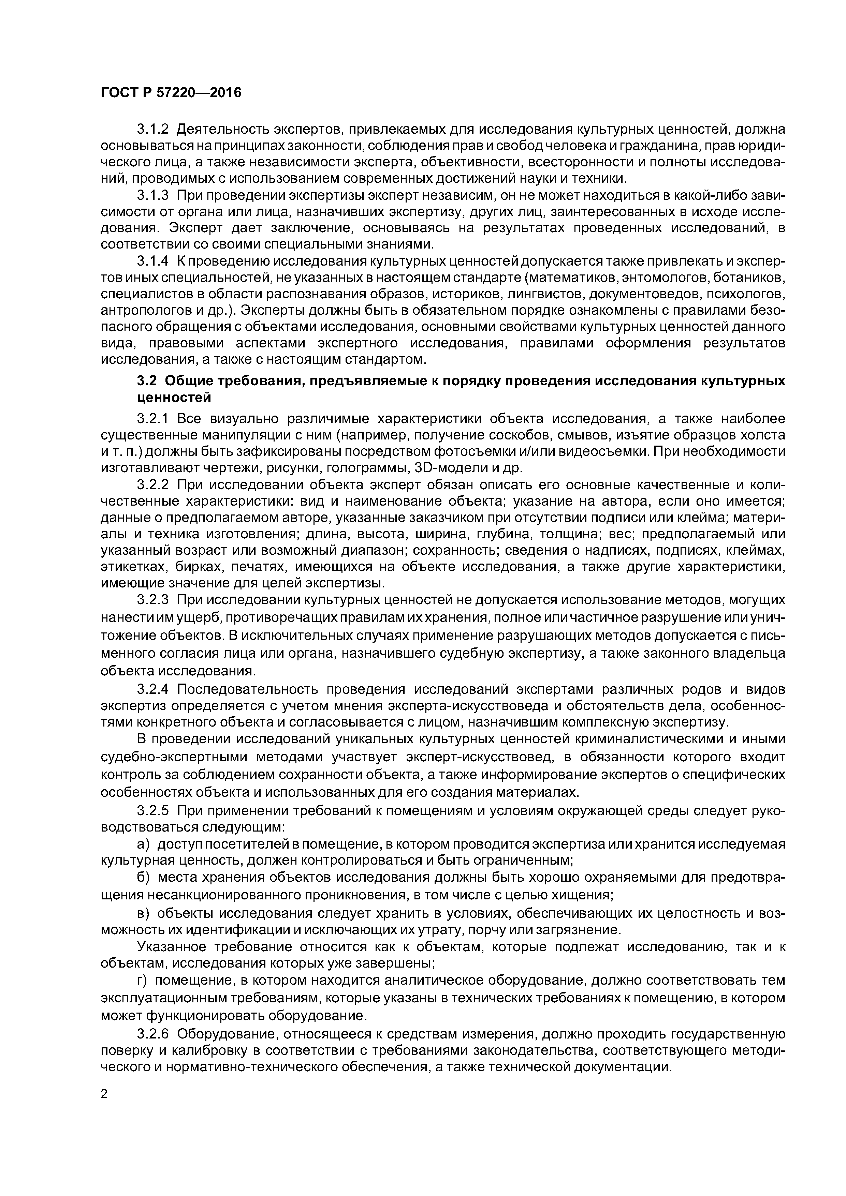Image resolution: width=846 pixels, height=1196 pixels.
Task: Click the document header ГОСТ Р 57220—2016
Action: pos(171,93)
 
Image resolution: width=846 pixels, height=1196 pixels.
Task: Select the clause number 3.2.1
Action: pos(153,418)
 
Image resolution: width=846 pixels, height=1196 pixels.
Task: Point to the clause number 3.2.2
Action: pos(153,484)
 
